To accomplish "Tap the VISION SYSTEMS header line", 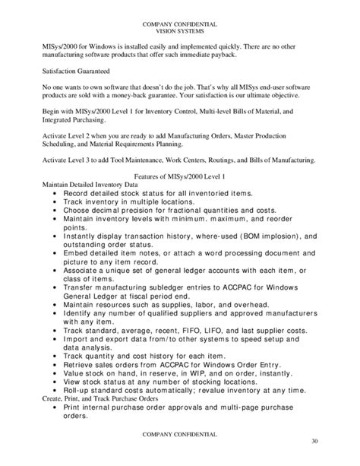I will pos(180,33).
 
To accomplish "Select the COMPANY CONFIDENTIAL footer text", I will pos(180,433).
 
